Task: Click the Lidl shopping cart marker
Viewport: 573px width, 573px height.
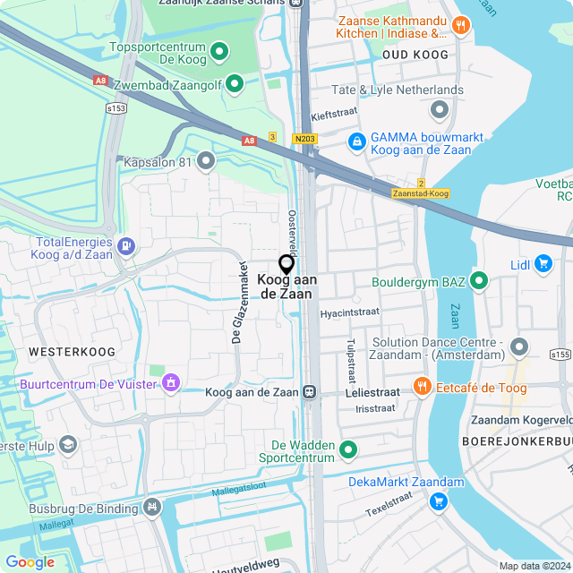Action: [x=543, y=263]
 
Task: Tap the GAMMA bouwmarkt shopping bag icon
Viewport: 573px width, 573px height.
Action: [x=356, y=141]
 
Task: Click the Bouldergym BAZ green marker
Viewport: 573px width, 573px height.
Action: [x=479, y=282]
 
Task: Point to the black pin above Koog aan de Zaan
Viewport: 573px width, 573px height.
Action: [x=286, y=264]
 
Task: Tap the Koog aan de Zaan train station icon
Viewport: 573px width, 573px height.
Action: [x=310, y=391]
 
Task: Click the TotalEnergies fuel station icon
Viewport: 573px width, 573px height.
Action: [x=127, y=244]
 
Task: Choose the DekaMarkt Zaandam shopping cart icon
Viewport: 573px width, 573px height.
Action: [x=439, y=500]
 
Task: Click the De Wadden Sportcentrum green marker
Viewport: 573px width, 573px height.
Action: [x=348, y=449]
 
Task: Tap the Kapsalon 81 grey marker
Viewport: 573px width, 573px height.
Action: [x=206, y=162]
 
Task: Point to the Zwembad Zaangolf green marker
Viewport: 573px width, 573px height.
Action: [x=235, y=84]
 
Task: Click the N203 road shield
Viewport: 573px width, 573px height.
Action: [x=304, y=139]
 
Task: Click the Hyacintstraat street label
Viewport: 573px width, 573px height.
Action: [x=349, y=313]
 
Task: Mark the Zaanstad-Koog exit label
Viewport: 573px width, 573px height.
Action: [x=421, y=193]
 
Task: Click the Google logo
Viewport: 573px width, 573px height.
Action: [x=30, y=562]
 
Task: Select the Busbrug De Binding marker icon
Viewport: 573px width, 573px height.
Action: [x=152, y=506]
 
